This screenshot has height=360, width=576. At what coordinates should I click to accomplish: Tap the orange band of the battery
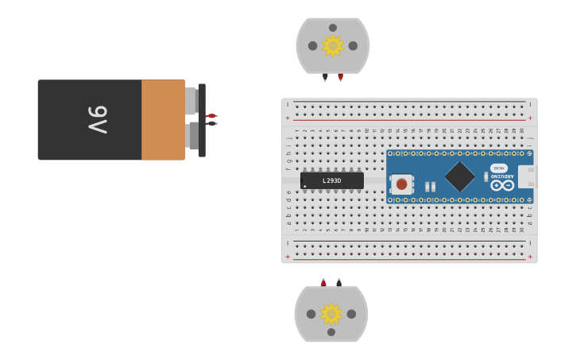click(x=163, y=119)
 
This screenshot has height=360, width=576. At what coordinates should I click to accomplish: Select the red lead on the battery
click(x=211, y=116)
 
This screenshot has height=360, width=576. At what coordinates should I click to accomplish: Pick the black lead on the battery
click(x=211, y=123)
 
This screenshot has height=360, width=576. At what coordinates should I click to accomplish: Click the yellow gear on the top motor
click(x=332, y=45)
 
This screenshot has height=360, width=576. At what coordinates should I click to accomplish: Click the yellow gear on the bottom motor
click(x=331, y=314)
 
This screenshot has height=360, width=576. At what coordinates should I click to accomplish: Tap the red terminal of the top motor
click(x=340, y=77)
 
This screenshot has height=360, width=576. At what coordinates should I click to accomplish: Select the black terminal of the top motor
click(x=325, y=77)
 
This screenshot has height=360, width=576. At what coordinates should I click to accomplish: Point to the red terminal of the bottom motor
click(x=323, y=282)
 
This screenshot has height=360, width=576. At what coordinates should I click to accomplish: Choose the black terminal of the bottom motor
click(x=338, y=282)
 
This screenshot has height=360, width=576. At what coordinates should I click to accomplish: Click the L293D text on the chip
click(x=332, y=181)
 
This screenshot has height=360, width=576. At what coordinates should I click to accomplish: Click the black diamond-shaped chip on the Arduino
click(x=459, y=176)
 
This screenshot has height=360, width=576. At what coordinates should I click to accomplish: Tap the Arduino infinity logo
click(x=502, y=185)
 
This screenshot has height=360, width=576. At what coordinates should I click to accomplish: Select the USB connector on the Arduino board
click(x=527, y=176)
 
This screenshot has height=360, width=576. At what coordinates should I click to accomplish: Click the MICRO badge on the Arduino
click(x=499, y=168)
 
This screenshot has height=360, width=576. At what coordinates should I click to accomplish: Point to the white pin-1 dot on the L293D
click(x=304, y=187)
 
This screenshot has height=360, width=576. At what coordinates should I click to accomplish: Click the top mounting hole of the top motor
click(x=333, y=28)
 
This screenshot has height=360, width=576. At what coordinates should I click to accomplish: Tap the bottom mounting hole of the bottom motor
click(x=331, y=332)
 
